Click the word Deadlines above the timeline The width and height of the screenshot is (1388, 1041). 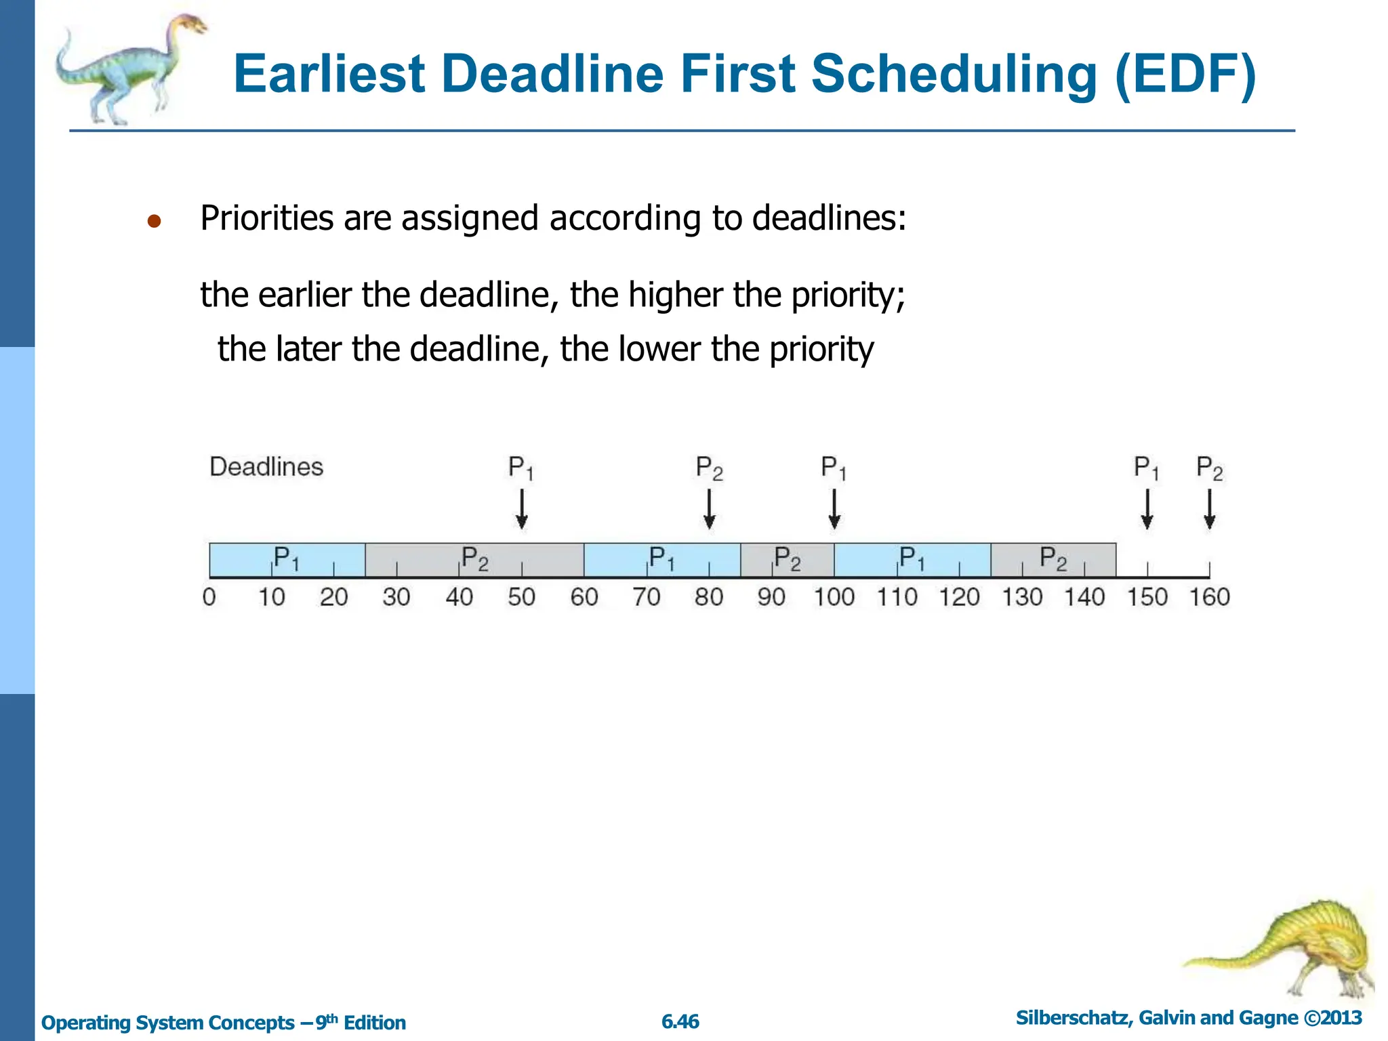(x=266, y=467)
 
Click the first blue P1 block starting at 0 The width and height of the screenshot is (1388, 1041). (x=287, y=560)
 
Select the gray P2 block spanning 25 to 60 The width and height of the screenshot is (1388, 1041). (x=474, y=560)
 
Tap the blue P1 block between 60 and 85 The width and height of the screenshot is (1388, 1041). (x=661, y=560)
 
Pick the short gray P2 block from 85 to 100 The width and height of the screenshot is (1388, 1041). (x=787, y=560)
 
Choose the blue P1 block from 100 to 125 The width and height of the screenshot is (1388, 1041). (x=912, y=560)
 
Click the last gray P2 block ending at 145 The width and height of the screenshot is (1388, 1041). (x=1053, y=560)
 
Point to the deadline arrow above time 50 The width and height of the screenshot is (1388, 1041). (x=521, y=510)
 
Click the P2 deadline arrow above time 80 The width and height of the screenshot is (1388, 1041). (x=709, y=510)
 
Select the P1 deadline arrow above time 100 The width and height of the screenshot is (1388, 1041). (x=834, y=510)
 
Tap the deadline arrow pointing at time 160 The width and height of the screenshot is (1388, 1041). (x=1210, y=510)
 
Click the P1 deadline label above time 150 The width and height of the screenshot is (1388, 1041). (x=1147, y=468)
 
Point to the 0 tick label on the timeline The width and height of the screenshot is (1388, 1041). (x=209, y=597)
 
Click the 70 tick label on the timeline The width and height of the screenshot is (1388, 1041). (x=646, y=597)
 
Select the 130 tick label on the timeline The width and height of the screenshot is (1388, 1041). (x=1022, y=597)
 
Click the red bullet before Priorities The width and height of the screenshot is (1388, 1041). (x=154, y=221)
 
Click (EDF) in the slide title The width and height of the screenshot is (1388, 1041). (x=1185, y=74)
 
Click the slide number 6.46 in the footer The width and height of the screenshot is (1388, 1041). (x=680, y=1021)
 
